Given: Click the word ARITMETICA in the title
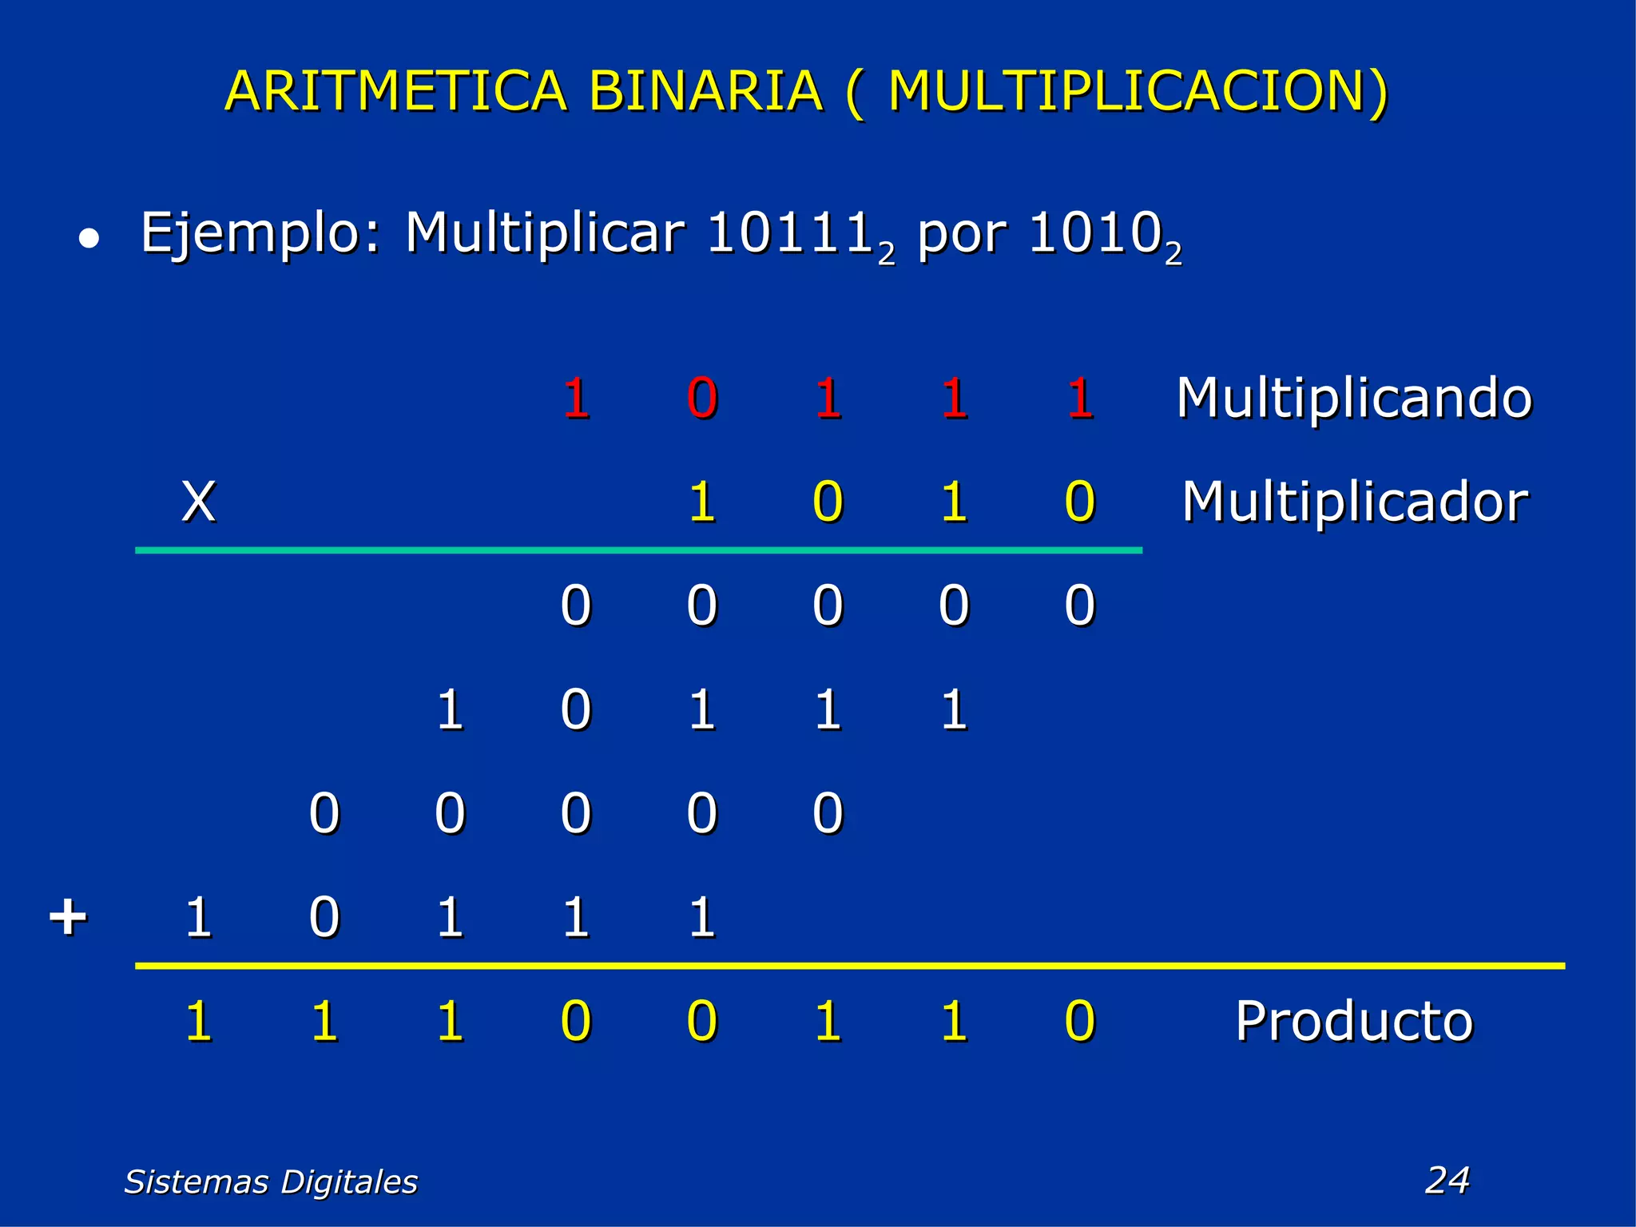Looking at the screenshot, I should (395, 92).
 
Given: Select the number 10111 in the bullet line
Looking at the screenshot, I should (789, 233).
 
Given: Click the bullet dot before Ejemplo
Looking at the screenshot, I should (89, 239).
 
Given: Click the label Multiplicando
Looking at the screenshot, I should (1354, 398).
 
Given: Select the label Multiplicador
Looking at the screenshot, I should (1354, 502).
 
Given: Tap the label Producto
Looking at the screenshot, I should (1354, 1021).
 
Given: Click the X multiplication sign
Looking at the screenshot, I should (198, 502).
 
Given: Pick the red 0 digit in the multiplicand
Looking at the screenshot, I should (702, 398).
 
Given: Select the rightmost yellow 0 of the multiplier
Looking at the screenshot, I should (1080, 502).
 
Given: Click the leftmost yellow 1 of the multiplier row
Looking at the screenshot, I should (702, 502).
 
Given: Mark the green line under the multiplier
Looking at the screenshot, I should (639, 550).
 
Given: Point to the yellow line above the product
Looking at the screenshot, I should (847, 966).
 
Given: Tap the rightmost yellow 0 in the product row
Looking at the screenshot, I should (1080, 1021).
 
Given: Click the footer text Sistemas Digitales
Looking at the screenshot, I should (271, 1181).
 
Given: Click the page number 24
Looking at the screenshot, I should (1447, 1180).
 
